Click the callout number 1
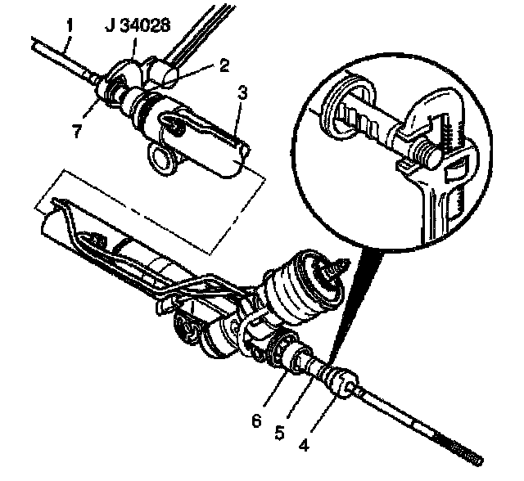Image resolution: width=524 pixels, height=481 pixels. tap(70, 25)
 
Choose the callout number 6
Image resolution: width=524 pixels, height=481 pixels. tap(257, 420)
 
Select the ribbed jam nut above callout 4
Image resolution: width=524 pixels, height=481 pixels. tap(338, 380)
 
